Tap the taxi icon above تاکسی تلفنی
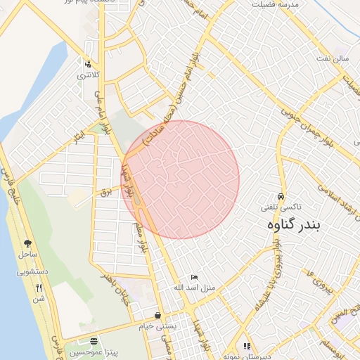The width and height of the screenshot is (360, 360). click(281, 196)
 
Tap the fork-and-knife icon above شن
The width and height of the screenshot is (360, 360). click(39, 288)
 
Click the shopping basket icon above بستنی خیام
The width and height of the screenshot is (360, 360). click(157, 316)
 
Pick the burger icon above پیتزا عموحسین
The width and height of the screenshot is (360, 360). click(94, 341)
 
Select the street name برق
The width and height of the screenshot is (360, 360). click(107, 191)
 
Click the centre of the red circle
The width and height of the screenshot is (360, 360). click(181, 179)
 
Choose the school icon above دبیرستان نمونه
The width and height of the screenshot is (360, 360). click(246, 346)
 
